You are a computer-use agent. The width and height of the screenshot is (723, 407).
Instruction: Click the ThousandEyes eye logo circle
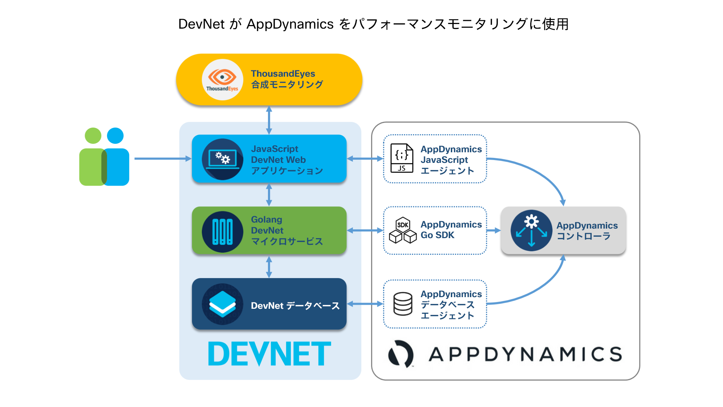pyautogui.click(x=222, y=79)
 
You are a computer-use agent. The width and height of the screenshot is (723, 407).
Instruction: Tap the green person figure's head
pyautogui.click(x=93, y=136)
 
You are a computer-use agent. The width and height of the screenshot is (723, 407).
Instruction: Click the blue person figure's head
pyautogui.click(x=115, y=136)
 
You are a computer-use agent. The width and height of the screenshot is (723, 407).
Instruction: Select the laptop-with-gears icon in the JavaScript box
pyautogui.click(x=222, y=159)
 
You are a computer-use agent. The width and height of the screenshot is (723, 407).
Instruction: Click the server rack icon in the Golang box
pyautogui.click(x=222, y=232)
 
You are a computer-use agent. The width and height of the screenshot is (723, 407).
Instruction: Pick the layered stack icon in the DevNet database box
pyautogui.click(x=222, y=304)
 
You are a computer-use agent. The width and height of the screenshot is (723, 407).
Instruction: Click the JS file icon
pyautogui.click(x=402, y=158)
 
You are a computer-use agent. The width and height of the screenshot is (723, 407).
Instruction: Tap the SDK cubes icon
pyautogui.click(x=403, y=230)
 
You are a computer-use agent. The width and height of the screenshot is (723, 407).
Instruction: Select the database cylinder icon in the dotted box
pyautogui.click(x=403, y=304)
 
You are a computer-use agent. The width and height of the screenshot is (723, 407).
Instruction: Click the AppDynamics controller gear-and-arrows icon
pyautogui.click(x=531, y=231)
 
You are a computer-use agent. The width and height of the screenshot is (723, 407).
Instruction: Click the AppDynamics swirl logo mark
pyautogui.click(x=401, y=354)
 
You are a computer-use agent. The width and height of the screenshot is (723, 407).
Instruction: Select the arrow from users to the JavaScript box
pyautogui.click(x=162, y=159)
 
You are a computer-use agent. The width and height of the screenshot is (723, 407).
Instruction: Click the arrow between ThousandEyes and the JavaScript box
pyautogui.click(x=269, y=120)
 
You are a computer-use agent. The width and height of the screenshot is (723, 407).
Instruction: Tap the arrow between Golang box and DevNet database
pyautogui.click(x=269, y=267)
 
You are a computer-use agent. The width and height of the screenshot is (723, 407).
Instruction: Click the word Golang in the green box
pyautogui.click(x=267, y=219)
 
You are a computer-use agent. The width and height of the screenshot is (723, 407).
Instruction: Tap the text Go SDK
pyautogui.click(x=437, y=235)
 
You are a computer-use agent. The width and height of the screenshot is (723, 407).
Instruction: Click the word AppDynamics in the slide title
pyautogui.click(x=290, y=24)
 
